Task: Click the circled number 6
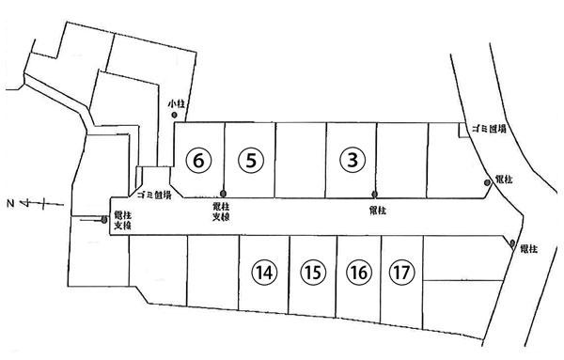click(197, 160)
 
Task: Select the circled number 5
click(249, 160)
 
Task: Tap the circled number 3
click(352, 160)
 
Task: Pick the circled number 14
click(265, 274)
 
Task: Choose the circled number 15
click(313, 274)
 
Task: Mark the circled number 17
click(400, 274)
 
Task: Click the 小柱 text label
click(176, 102)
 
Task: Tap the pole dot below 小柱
click(176, 115)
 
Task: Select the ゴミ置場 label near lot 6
click(153, 196)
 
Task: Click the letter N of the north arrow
click(10, 202)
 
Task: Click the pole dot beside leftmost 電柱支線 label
click(104, 221)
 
